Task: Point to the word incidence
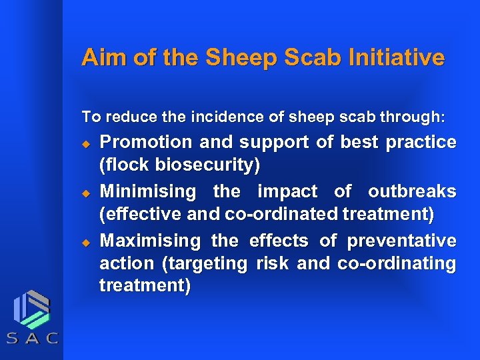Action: point(217,117)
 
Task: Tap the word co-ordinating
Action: point(397,263)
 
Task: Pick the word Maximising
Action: point(150,240)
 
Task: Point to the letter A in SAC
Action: point(32,338)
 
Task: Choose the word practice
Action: point(424,142)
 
